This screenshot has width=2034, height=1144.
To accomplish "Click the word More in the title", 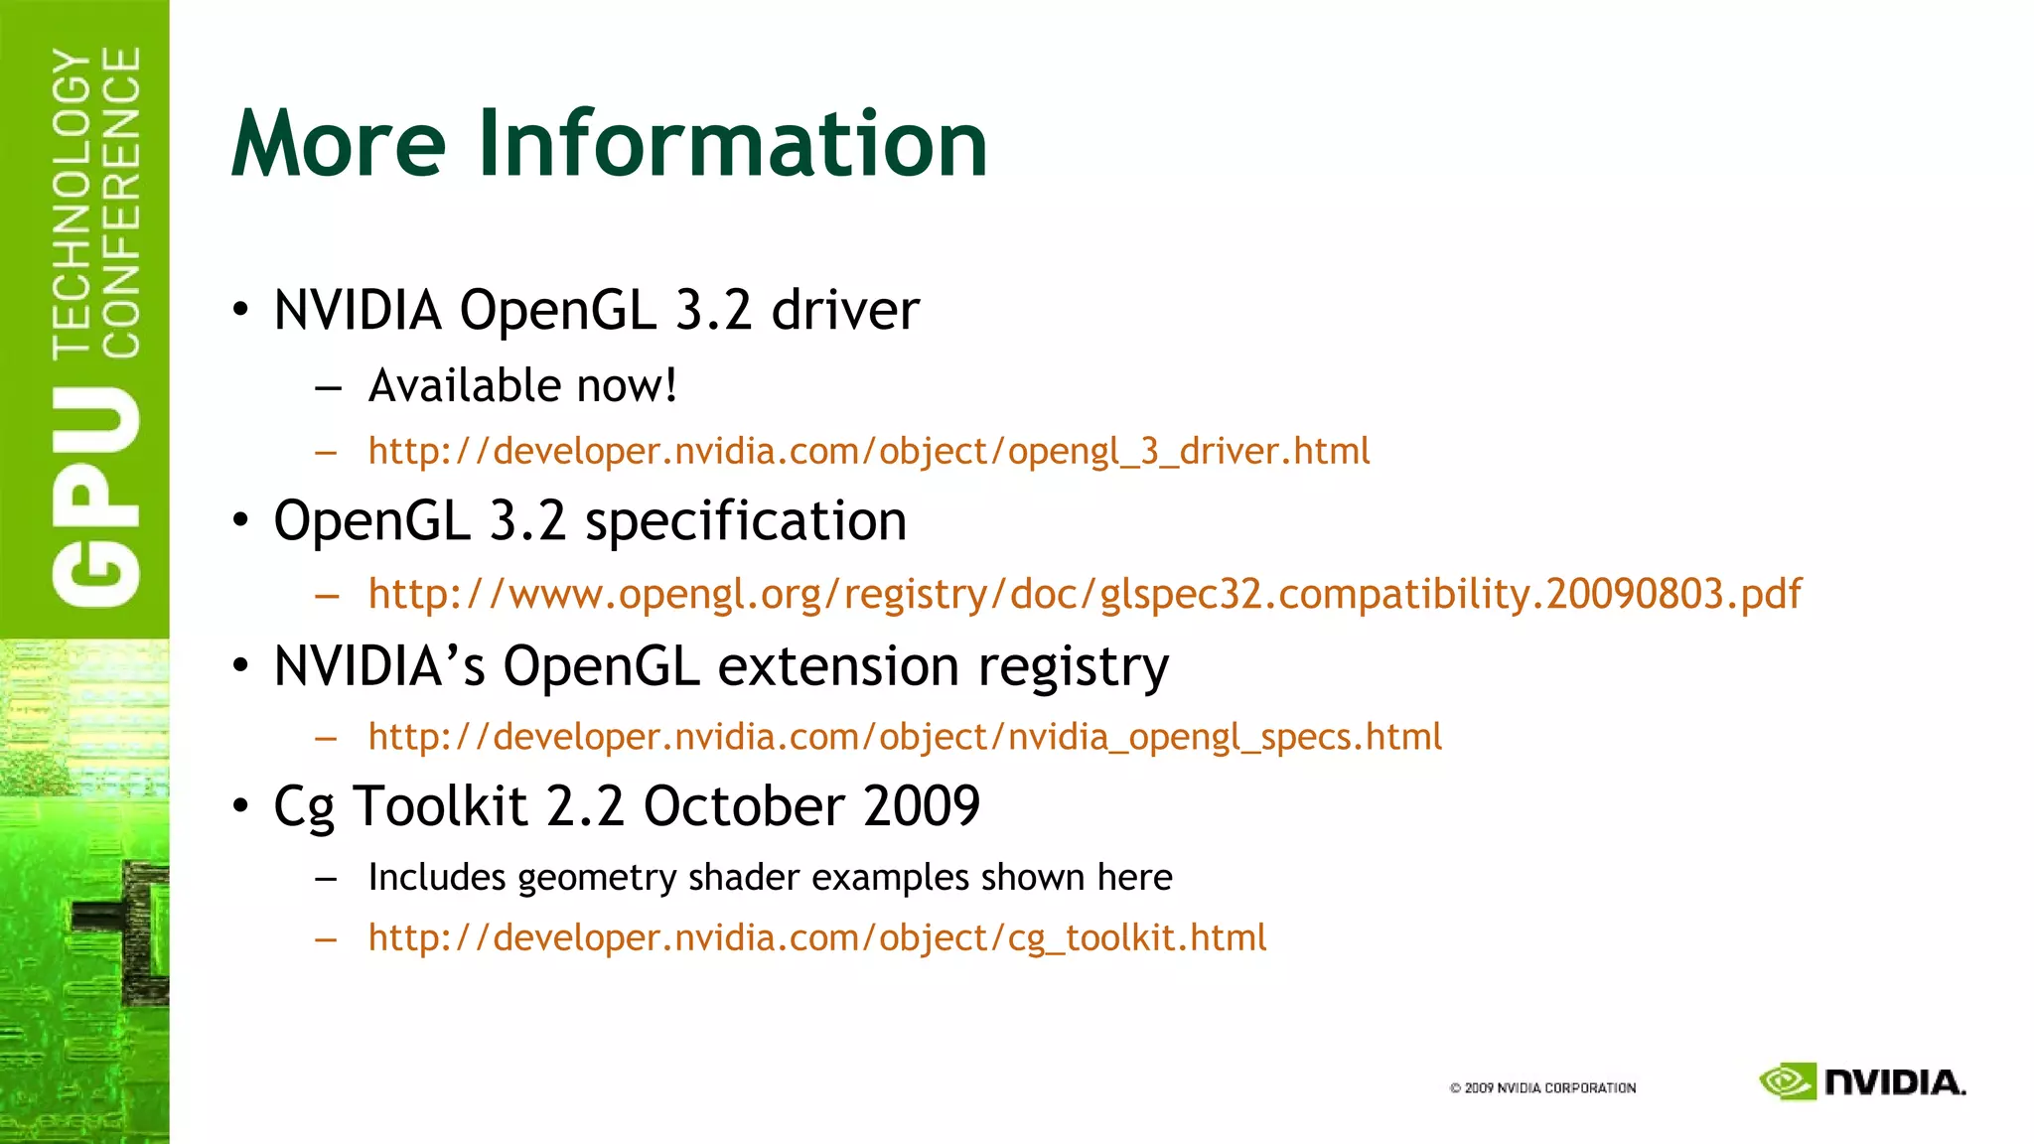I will coord(339,144).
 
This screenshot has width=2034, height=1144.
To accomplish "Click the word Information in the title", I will coord(733,144).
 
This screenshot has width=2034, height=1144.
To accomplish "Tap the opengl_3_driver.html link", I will coord(868,452).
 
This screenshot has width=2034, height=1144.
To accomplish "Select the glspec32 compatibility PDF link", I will coord(1085,594).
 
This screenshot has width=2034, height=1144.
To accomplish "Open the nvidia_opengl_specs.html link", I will coord(904,737).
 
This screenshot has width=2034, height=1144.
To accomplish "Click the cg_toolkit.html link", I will coord(816,937).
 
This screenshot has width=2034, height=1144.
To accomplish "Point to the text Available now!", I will coord(522,385).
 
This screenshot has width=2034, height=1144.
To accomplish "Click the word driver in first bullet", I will coord(845,310).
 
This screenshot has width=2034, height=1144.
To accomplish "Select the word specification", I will coord(746,521).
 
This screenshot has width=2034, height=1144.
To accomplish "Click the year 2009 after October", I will coord(922,805).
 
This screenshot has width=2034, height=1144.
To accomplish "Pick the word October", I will coord(743,805).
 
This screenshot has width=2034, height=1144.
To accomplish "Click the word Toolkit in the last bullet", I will coord(440,805).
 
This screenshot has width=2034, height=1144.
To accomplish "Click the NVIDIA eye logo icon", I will coord(1788,1081).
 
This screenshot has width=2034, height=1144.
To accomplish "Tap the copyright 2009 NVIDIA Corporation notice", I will coord(1542,1087).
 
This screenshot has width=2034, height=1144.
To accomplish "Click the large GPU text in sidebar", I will coord(96,497).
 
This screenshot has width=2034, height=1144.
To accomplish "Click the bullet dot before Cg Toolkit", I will coord(240,805).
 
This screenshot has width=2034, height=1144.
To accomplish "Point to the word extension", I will coord(837,666).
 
